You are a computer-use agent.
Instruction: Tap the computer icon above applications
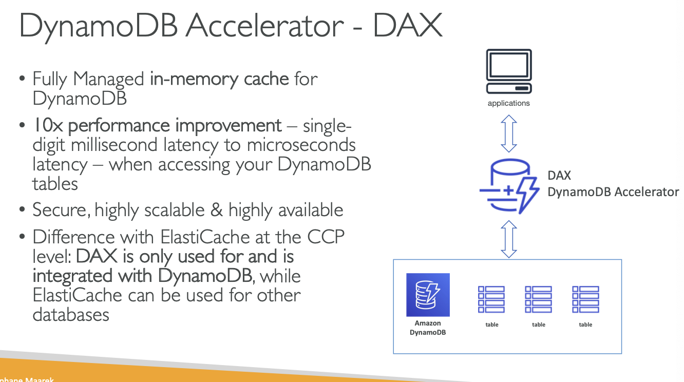point(508,71)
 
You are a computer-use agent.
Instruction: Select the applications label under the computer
point(508,103)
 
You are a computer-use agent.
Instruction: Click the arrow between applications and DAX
point(508,133)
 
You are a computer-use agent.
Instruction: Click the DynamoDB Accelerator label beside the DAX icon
point(613,192)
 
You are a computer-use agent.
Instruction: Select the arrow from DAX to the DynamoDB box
point(508,239)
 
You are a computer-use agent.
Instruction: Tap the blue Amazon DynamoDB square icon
point(428,295)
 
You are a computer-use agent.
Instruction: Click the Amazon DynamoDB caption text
point(428,328)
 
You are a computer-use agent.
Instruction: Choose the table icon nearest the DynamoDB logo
point(491,299)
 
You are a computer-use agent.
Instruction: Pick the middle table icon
point(538,299)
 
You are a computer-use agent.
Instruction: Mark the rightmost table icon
point(585,299)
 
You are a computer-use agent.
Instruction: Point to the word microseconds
point(301,145)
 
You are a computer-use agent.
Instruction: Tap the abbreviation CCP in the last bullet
point(326,237)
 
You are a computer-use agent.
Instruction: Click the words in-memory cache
point(219,79)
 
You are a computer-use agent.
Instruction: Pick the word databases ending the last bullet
point(71,314)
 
